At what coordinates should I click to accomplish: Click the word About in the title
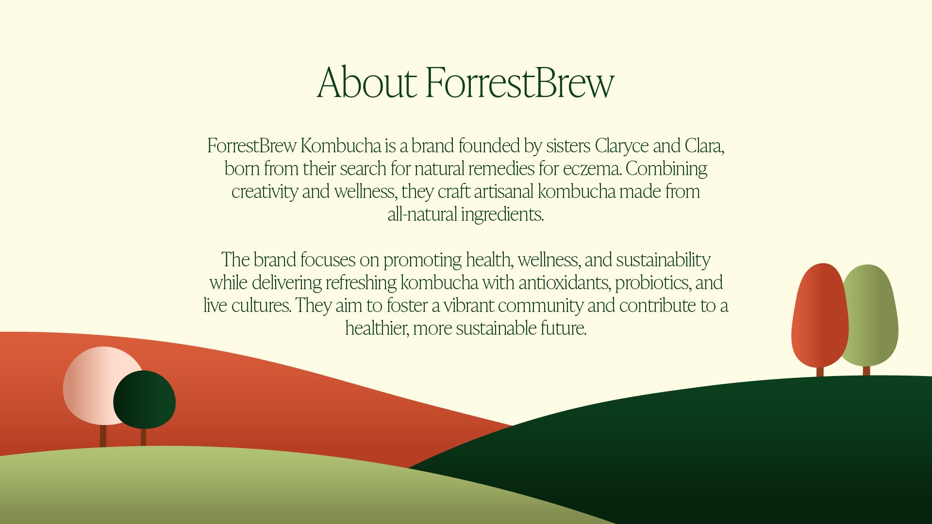coord(367,82)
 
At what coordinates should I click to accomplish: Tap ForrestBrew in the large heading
coord(520,82)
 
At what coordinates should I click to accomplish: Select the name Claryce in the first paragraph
coord(622,146)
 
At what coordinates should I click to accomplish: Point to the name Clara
coord(704,146)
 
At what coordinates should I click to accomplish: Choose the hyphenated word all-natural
coord(422,214)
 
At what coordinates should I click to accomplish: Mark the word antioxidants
coord(564,282)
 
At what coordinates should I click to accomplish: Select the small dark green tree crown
coord(145,400)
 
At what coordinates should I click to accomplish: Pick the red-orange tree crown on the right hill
coord(820,315)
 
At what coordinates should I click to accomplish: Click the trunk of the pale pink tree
coord(103,436)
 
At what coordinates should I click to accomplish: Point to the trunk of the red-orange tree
coord(820,372)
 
